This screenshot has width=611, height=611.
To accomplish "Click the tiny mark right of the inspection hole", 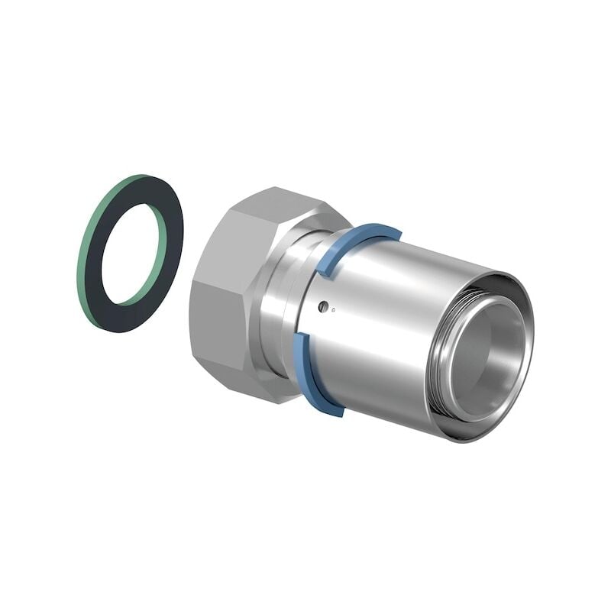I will point(332,309).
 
